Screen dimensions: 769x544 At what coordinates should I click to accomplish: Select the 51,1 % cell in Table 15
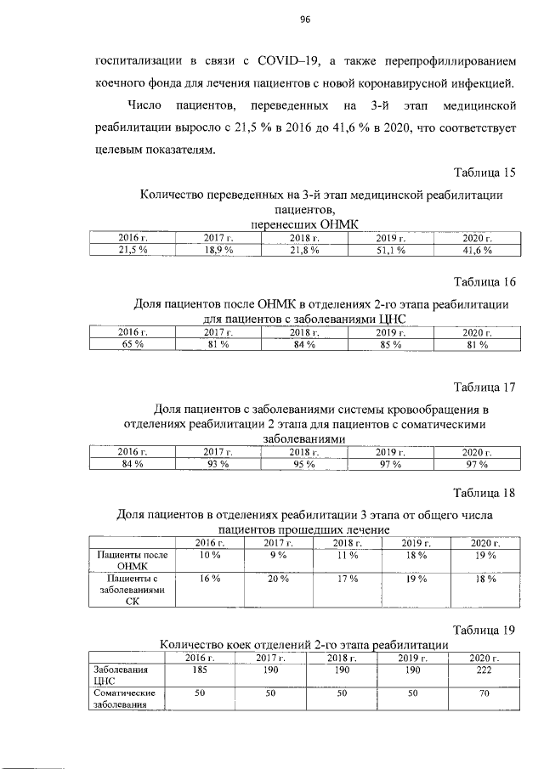coord(389,250)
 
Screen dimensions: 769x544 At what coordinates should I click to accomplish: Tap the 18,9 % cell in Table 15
coord(218,250)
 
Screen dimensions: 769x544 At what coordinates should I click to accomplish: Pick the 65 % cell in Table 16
coord(132,345)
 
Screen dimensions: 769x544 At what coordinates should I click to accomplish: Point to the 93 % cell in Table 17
coord(218,464)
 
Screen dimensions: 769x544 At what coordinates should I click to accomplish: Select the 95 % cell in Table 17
coord(303,464)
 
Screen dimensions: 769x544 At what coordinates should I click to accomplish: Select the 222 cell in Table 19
coord(482,670)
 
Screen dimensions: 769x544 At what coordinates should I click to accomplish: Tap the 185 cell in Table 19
coord(201,670)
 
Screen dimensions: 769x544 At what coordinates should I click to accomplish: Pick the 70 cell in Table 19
coord(482,694)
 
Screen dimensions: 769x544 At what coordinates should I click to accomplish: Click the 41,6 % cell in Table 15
coord(475,250)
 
